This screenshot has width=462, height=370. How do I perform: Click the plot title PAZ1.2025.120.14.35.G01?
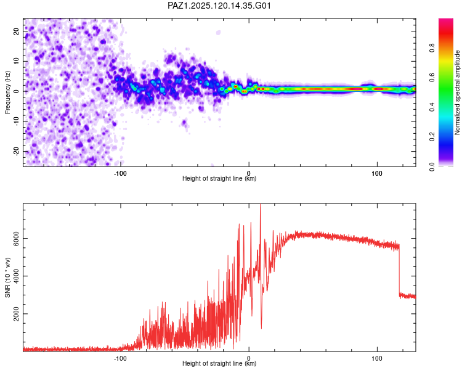(219, 6)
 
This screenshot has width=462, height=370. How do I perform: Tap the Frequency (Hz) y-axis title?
(7, 92)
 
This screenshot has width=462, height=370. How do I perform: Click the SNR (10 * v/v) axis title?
(7, 277)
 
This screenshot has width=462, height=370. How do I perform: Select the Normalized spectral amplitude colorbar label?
(457, 92)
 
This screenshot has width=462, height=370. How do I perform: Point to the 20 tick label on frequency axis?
(16, 31)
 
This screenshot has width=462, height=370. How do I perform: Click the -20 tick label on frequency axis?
(16, 151)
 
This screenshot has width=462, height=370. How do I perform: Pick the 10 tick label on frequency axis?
(16, 61)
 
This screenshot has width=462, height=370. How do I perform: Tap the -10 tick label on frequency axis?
(16, 121)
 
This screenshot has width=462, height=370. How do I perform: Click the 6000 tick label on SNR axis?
(16, 239)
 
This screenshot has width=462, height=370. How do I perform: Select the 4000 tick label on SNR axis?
(16, 276)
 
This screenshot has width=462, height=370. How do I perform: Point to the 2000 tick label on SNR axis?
(16, 314)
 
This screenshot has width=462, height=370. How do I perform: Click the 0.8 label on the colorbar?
(432, 47)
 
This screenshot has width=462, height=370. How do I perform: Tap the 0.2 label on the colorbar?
(432, 137)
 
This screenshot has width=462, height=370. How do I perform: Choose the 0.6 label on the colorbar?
(432, 77)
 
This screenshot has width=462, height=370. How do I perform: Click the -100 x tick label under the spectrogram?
(120, 173)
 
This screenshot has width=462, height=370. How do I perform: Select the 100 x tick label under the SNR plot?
(377, 358)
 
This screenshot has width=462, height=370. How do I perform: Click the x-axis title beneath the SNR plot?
(219, 363)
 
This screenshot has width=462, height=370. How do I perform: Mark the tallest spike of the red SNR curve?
(260, 205)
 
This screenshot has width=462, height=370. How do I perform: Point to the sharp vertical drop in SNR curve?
(400, 270)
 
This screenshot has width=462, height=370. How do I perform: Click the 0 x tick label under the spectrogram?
(249, 173)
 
